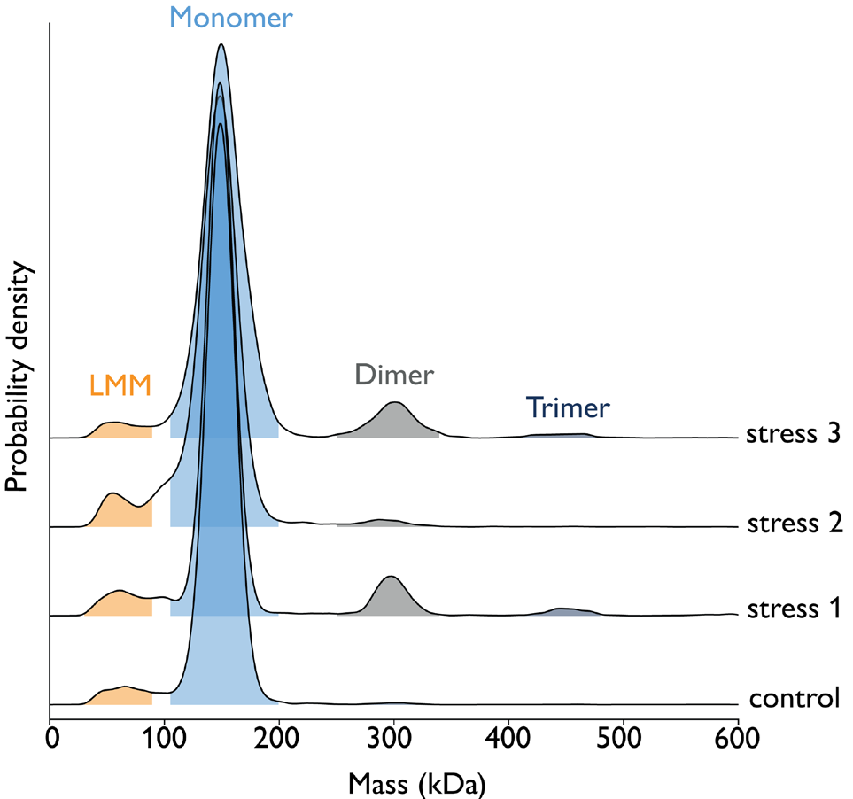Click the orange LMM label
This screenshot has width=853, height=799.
coord(120,385)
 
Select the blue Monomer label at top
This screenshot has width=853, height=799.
coord(230,17)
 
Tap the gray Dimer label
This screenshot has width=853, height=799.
coord(394,375)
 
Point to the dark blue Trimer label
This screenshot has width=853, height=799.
coord(568,407)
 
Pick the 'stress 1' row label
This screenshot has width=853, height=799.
coord(792,609)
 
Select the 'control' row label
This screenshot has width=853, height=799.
coord(794,698)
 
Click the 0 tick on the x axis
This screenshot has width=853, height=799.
coord(51,737)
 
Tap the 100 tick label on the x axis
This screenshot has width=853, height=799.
coord(165,737)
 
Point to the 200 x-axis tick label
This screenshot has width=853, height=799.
coord(280,737)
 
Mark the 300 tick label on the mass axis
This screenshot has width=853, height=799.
coord(394,737)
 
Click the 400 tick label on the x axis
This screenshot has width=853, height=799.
coord(508,737)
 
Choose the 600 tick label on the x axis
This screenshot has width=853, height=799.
coord(737,737)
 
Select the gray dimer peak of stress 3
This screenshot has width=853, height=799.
coord(395,421)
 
